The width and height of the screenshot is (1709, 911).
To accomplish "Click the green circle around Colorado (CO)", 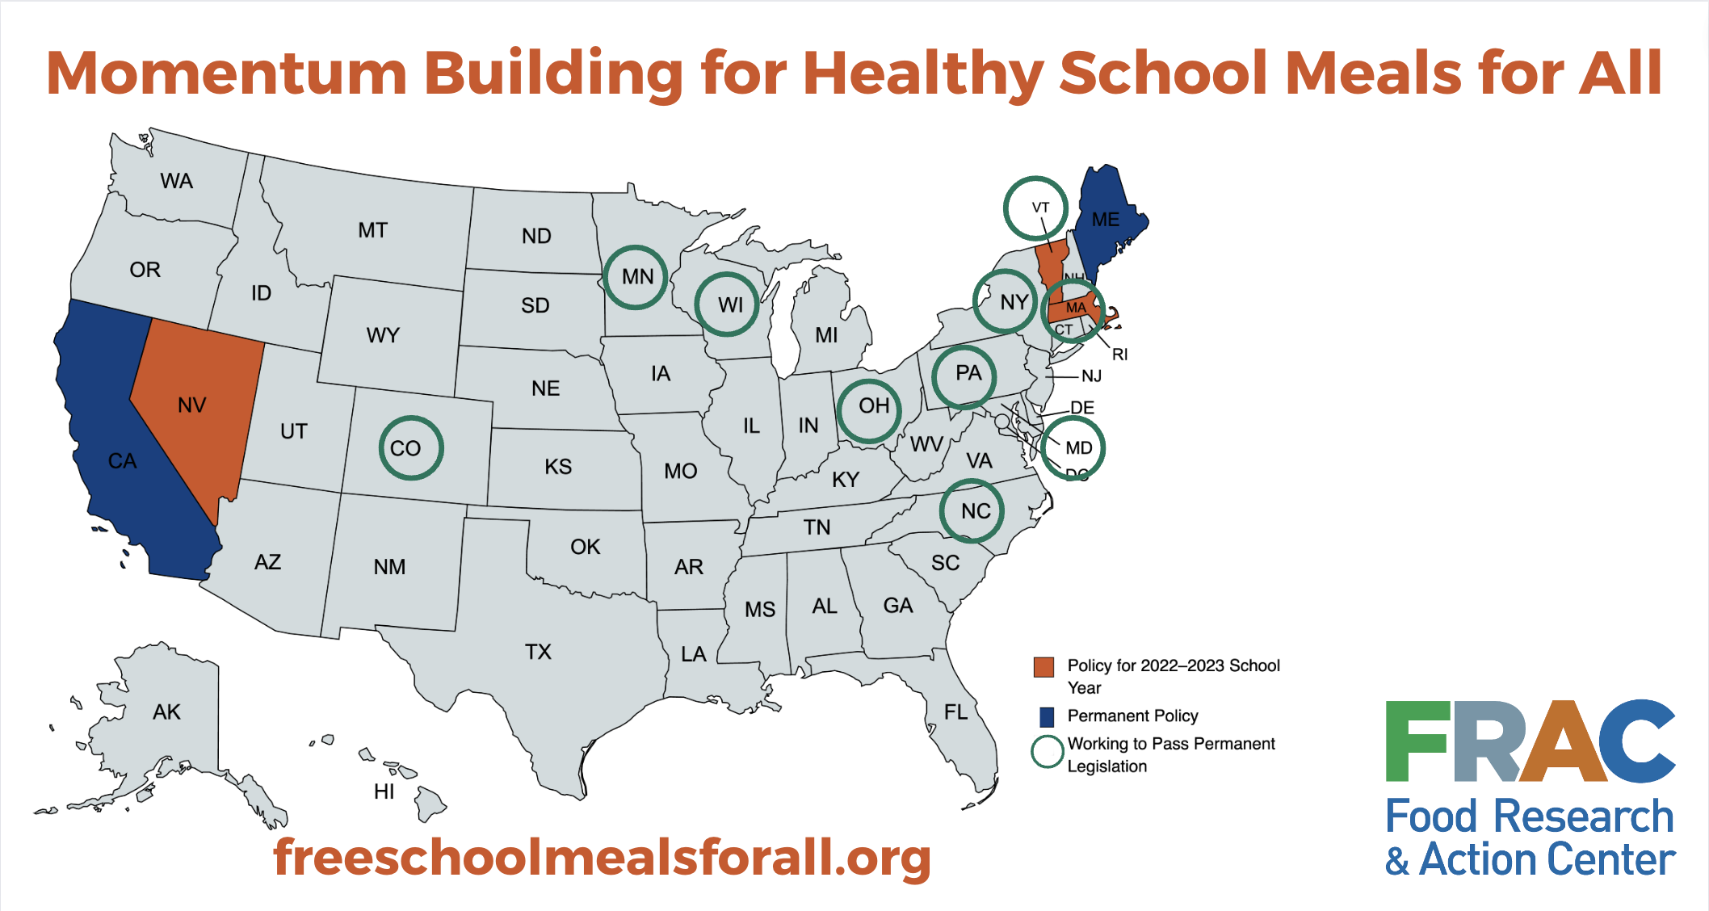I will (x=411, y=418).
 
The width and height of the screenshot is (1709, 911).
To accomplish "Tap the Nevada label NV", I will (x=192, y=405).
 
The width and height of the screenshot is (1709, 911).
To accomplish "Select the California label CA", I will (x=123, y=461).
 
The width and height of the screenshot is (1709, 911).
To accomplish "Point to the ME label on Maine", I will (x=1106, y=220).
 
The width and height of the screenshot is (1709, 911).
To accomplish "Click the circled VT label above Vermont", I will (x=1040, y=208).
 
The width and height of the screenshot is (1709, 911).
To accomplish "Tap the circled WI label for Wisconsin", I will (x=730, y=305).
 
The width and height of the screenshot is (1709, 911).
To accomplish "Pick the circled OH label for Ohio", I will (x=873, y=405).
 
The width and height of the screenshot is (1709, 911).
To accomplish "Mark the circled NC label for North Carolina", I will (x=976, y=511).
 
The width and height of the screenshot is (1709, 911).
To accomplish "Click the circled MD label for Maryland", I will (x=1078, y=448).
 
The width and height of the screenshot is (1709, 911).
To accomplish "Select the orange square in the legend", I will (x=1043, y=667).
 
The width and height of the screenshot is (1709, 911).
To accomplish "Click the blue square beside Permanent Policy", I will (x=1046, y=716).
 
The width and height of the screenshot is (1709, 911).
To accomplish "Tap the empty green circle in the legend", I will (x=1047, y=751).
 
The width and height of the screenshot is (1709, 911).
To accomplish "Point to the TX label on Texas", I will (x=538, y=652).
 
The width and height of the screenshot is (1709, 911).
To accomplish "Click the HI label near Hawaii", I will (x=384, y=791).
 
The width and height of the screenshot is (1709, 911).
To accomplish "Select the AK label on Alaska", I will (x=166, y=712).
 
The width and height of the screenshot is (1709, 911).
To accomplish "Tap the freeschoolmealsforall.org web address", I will (x=602, y=857).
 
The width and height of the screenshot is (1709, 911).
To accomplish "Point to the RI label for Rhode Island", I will (x=1119, y=355).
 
